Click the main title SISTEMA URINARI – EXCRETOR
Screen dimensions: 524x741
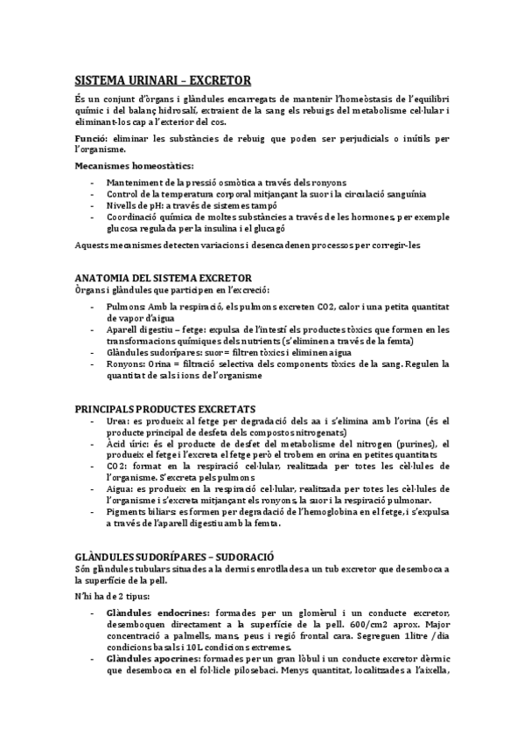(163, 80)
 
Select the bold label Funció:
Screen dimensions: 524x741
(93, 139)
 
